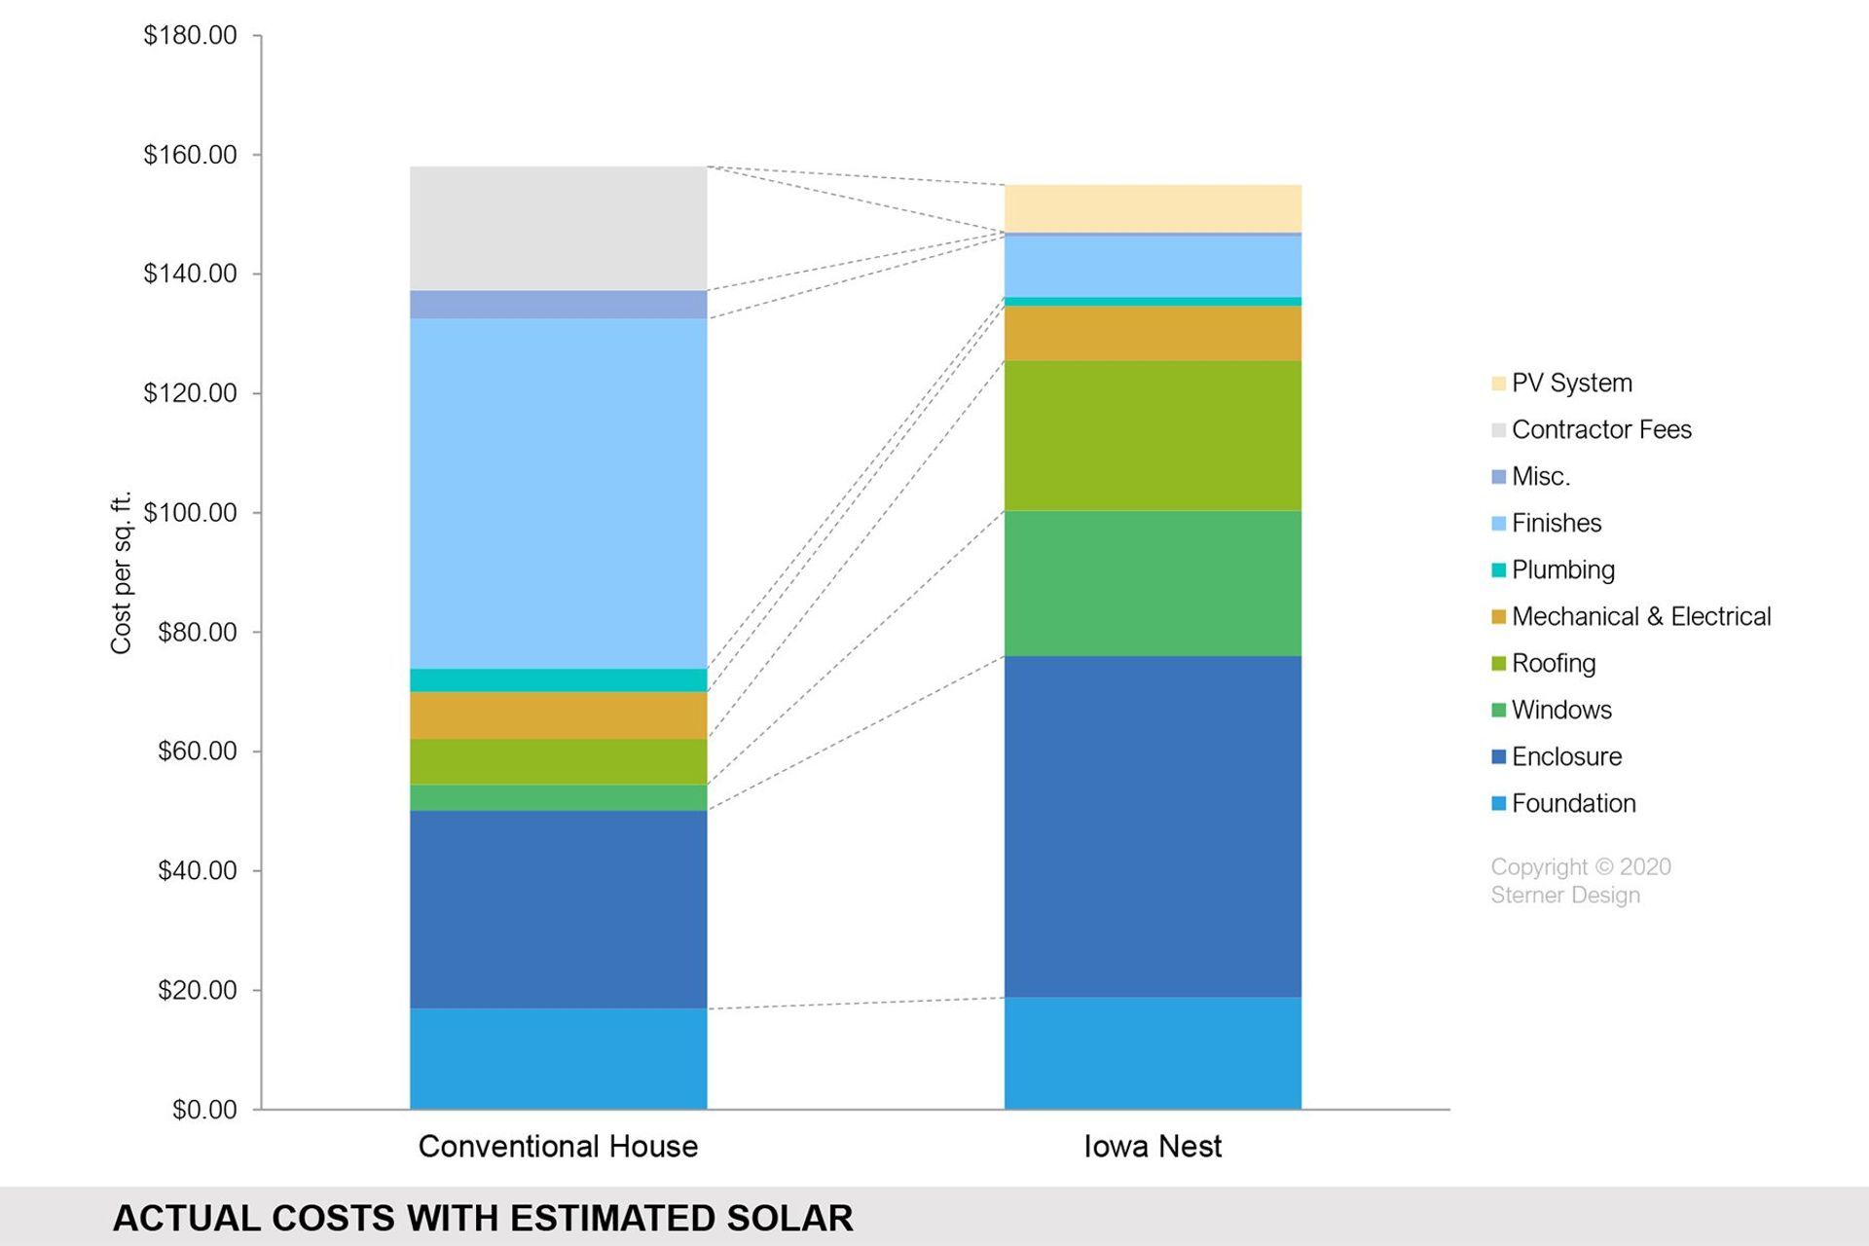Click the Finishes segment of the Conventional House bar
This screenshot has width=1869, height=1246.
click(558, 493)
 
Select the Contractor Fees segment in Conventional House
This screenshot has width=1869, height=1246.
click(558, 228)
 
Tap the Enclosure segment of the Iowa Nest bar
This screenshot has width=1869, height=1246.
click(1153, 825)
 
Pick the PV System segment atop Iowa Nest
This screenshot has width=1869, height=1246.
click(1153, 208)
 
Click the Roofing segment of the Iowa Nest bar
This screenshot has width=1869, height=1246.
click(1153, 435)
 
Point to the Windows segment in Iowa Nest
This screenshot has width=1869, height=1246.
click(1153, 583)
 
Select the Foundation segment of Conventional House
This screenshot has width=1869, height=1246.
click(558, 1058)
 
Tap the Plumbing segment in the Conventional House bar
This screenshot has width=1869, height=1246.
click(558, 679)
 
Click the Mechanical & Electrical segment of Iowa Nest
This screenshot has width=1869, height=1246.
click(1153, 333)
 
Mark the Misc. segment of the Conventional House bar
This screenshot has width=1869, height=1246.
click(558, 304)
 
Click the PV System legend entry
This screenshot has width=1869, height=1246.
click(1571, 383)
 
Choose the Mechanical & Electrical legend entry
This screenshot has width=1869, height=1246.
click(1640, 616)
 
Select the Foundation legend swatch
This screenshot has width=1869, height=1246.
click(1499, 803)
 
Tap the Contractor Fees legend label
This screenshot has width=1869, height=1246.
click(1601, 429)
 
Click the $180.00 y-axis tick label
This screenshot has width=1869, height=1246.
click(190, 35)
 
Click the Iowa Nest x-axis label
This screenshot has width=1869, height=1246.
click(1153, 1146)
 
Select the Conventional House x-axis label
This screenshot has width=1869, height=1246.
click(558, 1146)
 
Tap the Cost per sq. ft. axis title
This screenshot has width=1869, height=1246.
click(121, 573)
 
